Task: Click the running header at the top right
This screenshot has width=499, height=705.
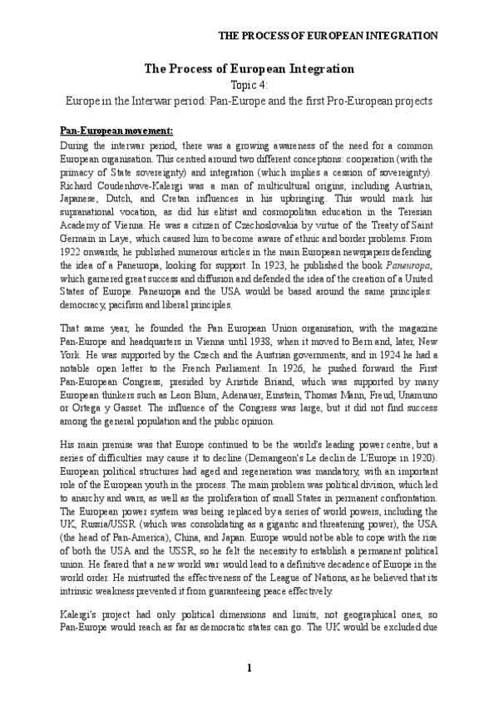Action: [328, 36]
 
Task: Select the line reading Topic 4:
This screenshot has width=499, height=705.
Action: [249, 84]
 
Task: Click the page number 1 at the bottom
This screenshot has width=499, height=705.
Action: [249, 668]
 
